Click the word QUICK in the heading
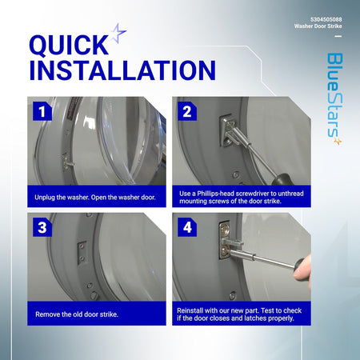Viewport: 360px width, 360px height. pyautogui.click(x=69, y=45)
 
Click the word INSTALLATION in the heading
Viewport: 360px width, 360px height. pyautogui.click(x=122, y=70)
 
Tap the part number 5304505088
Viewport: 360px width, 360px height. pyautogui.click(x=326, y=19)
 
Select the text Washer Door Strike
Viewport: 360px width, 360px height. pyautogui.click(x=318, y=26)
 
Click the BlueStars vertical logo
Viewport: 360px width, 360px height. pyautogui.click(x=334, y=98)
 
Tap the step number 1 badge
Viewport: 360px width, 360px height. pyautogui.click(x=42, y=111)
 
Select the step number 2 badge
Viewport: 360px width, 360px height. pyautogui.click(x=187, y=111)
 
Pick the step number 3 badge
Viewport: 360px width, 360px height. pyautogui.click(x=42, y=227)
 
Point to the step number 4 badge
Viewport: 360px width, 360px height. pyautogui.click(x=187, y=227)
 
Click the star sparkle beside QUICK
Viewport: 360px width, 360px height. pyautogui.click(x=118, y=33)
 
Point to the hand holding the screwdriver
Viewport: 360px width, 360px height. pyautogui.click(x=302, y=270)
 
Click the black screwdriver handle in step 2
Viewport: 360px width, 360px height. pyautogui.click(x=282, y=179)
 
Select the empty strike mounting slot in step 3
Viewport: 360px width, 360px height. pyautogui.click(x=82, y=253)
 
